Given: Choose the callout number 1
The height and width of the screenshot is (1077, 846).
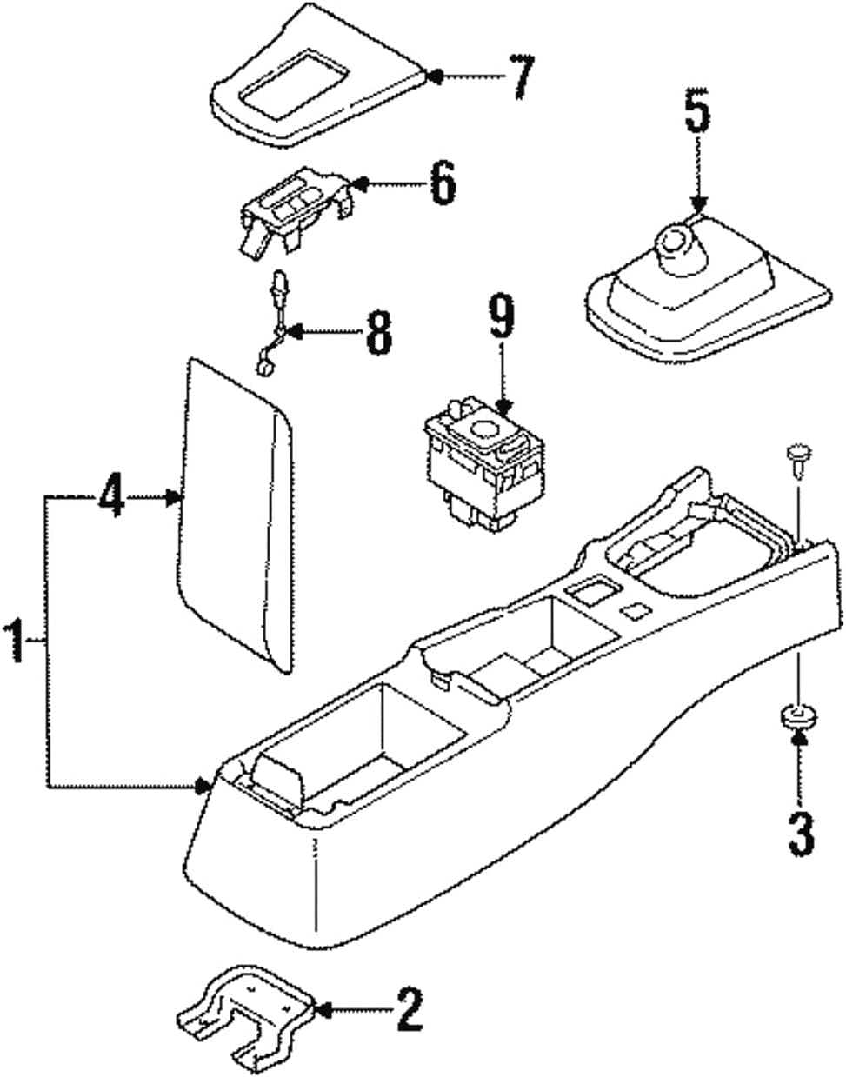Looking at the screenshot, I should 15,641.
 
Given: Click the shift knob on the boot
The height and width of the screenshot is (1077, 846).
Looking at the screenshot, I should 676,240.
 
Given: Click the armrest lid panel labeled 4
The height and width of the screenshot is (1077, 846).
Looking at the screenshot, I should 236,513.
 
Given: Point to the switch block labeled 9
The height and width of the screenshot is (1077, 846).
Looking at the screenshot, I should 483,461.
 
